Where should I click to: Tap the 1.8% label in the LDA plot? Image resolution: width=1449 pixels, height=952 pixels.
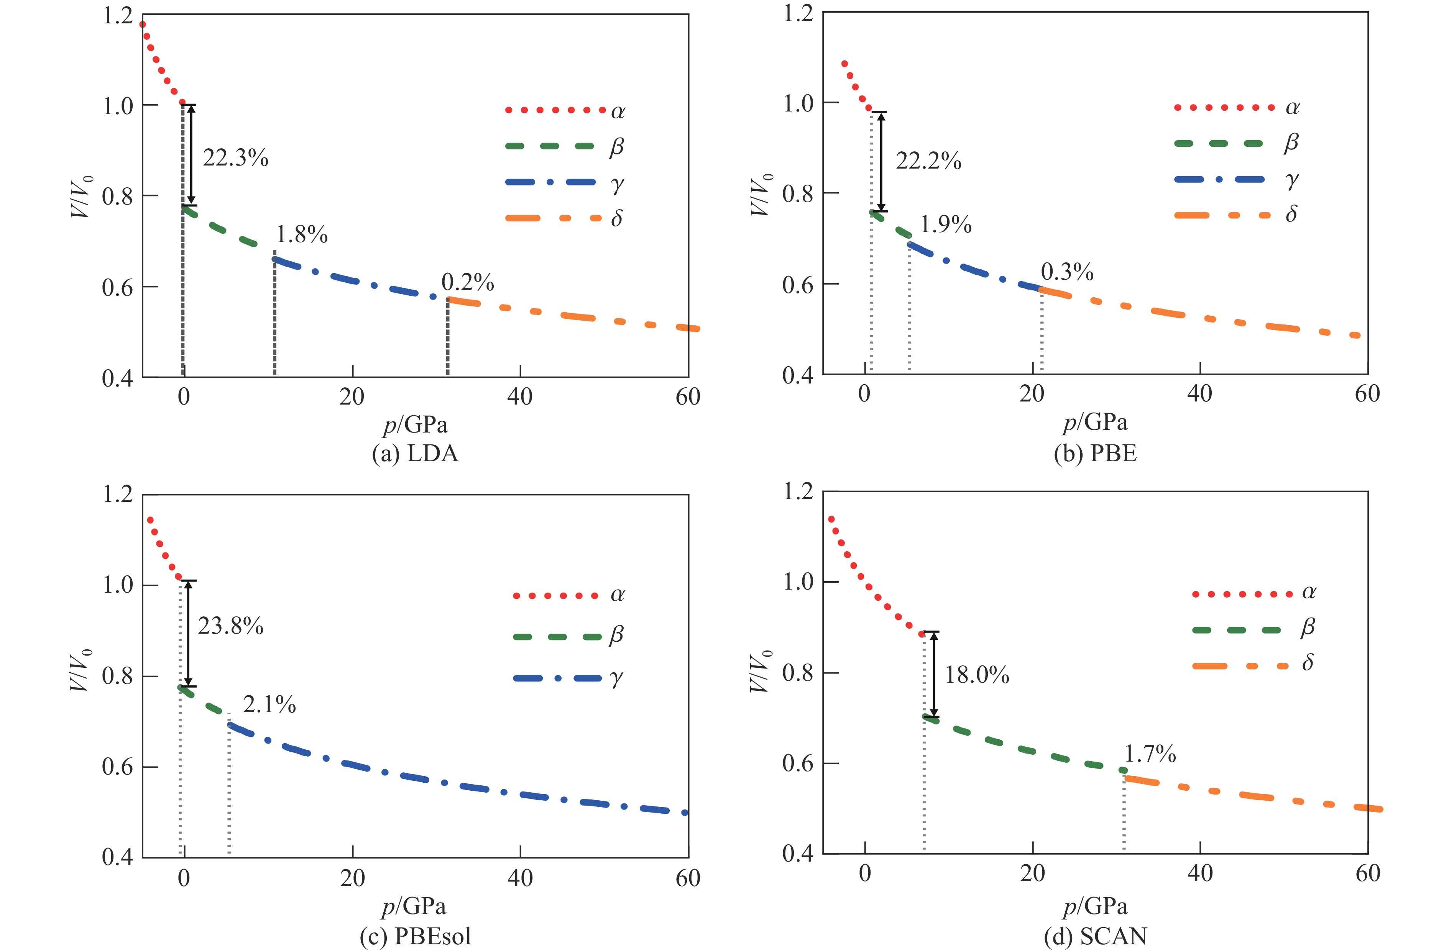[302, 234]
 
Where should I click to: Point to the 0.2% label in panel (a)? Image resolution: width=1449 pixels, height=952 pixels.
[468, 282]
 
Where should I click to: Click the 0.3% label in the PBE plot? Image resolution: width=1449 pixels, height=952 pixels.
[1067, 272]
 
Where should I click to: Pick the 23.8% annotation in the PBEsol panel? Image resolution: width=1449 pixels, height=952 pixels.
[231, 626]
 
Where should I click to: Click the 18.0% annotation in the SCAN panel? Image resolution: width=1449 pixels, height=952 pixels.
[977, 675]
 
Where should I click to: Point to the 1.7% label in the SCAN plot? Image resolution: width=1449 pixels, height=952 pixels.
[1150, 754]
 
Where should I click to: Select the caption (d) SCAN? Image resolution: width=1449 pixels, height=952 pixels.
[1095, 936]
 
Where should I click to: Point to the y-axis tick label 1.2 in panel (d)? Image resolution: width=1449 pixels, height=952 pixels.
[798, 492]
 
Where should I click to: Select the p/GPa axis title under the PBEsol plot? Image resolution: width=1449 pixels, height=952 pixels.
[414, 906]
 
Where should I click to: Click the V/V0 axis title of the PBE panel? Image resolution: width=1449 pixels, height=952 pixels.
[761, 195]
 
